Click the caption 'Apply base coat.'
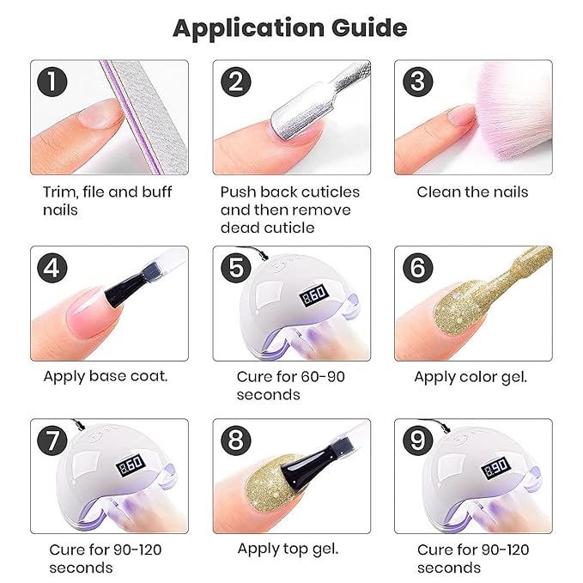[106, 376]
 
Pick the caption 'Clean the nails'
[472, 191]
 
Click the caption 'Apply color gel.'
[471, 376]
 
